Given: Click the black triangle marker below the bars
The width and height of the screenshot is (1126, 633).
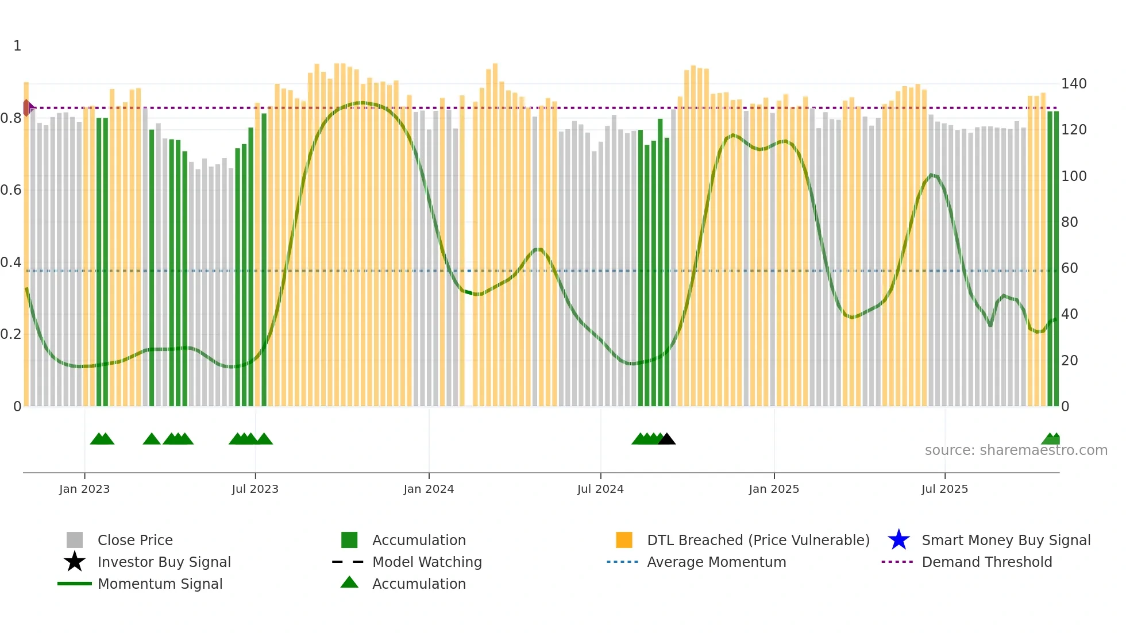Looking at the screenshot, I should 666,439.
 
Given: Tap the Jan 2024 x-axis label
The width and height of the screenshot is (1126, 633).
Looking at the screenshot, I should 429,489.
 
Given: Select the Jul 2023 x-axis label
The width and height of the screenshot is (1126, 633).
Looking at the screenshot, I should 255,489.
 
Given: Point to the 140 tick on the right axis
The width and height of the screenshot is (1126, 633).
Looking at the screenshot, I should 1074,84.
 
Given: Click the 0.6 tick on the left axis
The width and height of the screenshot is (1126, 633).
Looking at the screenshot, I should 11,190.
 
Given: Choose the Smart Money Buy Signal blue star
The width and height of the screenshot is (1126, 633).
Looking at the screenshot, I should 899,540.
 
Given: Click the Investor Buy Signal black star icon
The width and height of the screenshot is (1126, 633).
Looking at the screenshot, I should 75,562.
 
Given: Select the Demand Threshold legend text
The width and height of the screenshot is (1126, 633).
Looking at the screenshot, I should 986,562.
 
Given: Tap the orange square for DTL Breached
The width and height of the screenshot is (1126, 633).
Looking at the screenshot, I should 624,540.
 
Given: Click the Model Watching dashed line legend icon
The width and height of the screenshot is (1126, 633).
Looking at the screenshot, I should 348,562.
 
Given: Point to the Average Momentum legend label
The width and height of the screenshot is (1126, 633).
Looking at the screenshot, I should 716,562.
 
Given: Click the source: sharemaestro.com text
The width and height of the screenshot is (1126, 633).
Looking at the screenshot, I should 1016,450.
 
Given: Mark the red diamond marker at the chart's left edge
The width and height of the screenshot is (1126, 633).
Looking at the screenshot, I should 27,107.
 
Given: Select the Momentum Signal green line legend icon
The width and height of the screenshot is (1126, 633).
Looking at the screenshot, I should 75,584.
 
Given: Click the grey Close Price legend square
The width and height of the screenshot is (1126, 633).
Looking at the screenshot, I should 75,540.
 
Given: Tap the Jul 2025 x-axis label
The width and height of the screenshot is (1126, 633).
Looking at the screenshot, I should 944,489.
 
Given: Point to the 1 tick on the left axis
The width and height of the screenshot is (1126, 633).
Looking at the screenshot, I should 17,46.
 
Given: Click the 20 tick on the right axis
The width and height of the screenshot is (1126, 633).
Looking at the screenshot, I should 1069,361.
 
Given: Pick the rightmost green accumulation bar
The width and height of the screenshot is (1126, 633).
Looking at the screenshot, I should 1056,258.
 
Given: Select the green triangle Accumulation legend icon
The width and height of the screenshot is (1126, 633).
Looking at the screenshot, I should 349,583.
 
